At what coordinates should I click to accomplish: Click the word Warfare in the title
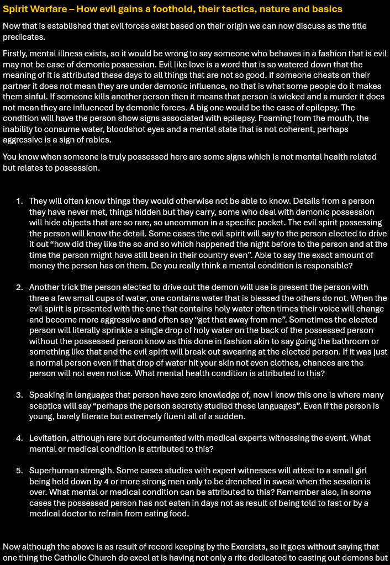[x=49, y=9]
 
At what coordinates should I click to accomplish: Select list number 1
[x=19, y=201]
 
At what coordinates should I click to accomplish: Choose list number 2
[x=19, y=287]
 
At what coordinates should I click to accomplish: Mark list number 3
[x=19, y=395]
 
